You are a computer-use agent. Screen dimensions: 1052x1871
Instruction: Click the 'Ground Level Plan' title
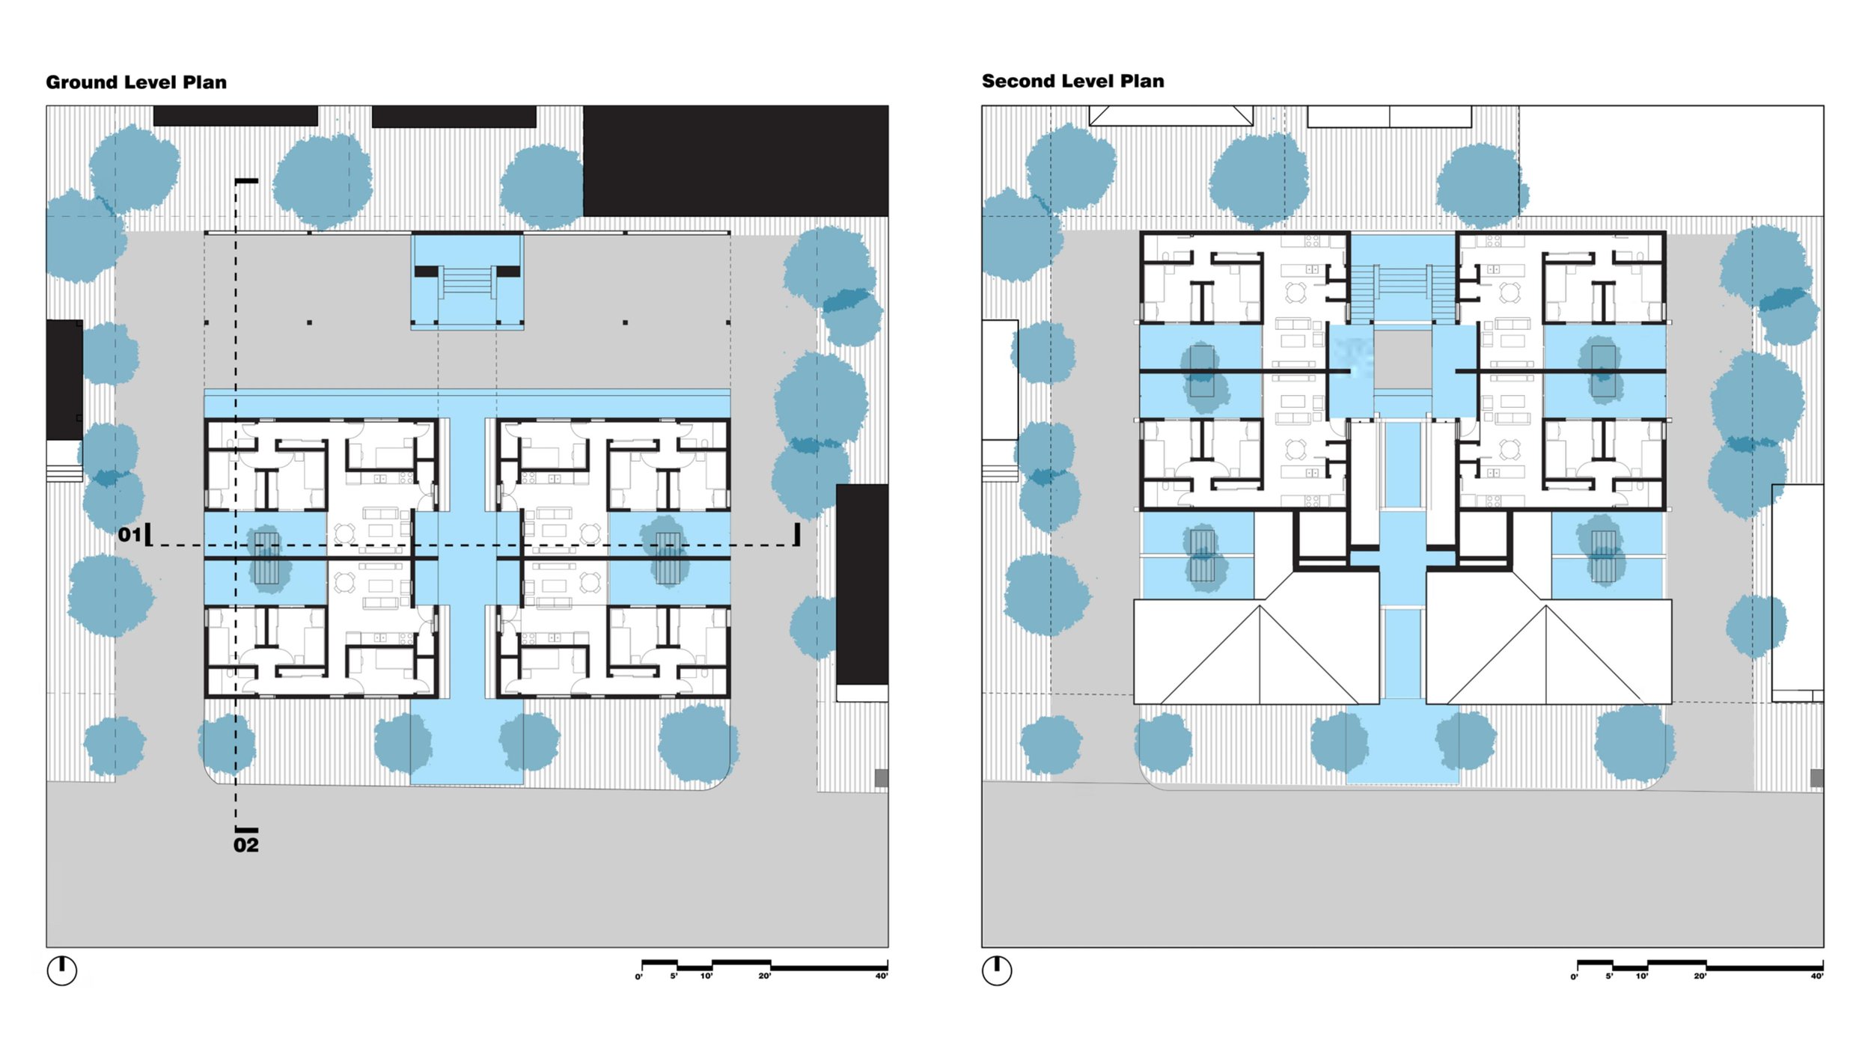pyautogui.click(x=136, y=82)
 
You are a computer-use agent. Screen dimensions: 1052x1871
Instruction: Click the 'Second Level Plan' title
pyautogui.click(x=1072, y=82)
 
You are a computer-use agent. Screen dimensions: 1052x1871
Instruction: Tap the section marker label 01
pyautogui.click(x=129, y=534)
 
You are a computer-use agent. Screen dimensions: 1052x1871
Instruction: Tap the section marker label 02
pyautogui.click(x=245, y=845)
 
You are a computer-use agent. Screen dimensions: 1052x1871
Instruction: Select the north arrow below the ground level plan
pyautogui.click(x=62, y=970)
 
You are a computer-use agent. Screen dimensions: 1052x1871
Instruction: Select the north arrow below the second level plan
pyautogui.click(x=997, y=970)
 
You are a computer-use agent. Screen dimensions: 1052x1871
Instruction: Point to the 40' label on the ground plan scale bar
pyautogui.click(x=882, y=976)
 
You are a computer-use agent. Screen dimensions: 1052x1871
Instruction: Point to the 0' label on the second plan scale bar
pyautogui.click(x=1574, y=976)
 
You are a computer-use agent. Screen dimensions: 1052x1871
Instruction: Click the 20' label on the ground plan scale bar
pyautogui.click(x=764, y=976)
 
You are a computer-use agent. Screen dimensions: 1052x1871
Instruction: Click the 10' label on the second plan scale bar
pyautogui.click(x=1641, y=976)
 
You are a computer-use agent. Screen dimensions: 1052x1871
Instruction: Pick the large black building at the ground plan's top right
pyautogui.click(x=735, y=160)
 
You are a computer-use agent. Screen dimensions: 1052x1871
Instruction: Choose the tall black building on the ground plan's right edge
pyautogui.click(x=861, y=584)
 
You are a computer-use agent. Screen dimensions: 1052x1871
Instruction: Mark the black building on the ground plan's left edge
pyautogui.click(x=64, y=379)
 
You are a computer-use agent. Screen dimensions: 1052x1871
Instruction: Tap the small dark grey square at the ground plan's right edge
pyautogui.click(x=882, y=778)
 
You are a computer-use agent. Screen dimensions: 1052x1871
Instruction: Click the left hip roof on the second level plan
pyautogui.click(x=1257, y=652)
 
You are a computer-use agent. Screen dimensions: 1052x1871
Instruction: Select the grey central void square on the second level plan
pyautogui.click(x=1403, y=360)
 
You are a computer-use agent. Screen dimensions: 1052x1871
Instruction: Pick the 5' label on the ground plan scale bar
pyautogui.click(x=674, y=976)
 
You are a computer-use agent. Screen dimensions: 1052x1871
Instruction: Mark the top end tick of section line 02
pyautogui.click(x=246, y=181)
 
